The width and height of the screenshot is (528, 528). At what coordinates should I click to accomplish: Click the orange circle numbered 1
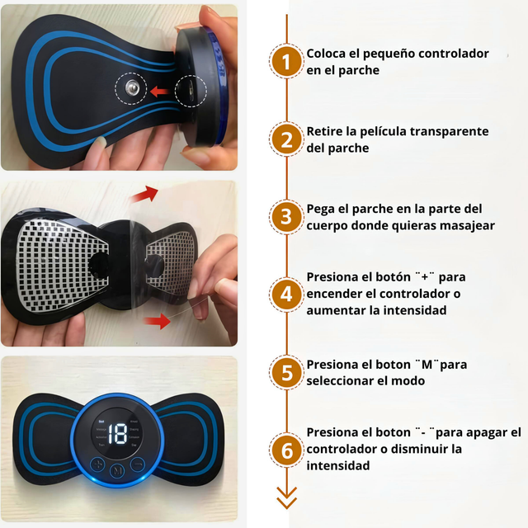pos(286,62)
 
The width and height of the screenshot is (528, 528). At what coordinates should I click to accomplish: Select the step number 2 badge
pos(286,139)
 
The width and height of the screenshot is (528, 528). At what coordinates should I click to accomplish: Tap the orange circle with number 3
pos(286,217)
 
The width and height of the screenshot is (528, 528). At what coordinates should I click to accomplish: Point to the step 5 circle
pos(286,372)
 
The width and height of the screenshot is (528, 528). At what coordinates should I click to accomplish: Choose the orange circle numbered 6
pos(286,450)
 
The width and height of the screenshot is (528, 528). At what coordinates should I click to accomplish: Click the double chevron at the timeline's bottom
pos(286,497)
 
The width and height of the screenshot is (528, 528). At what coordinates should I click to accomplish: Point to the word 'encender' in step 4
pos(338,294)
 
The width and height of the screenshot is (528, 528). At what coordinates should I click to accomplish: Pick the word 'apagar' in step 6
pos(480,432)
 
